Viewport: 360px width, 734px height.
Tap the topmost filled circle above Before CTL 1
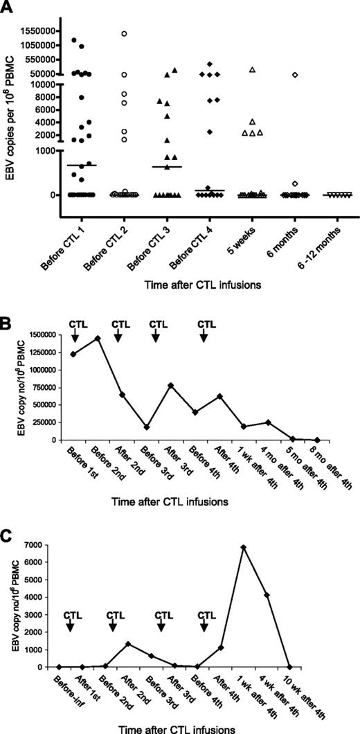[74, 40]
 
